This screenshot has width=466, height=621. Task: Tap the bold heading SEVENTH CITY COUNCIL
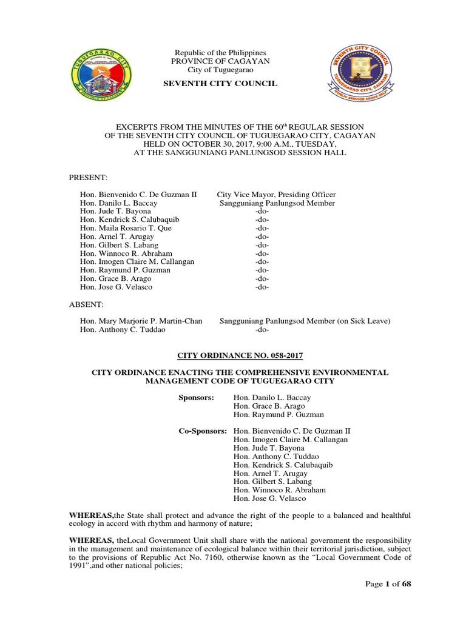coord(220,83)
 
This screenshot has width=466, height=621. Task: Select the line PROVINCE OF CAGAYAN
coord(220,62)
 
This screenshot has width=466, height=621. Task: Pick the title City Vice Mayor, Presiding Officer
coord(276,195)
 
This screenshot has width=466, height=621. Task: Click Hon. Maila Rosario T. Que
coord(126,228)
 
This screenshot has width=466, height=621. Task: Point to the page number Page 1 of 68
coord(388,584)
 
